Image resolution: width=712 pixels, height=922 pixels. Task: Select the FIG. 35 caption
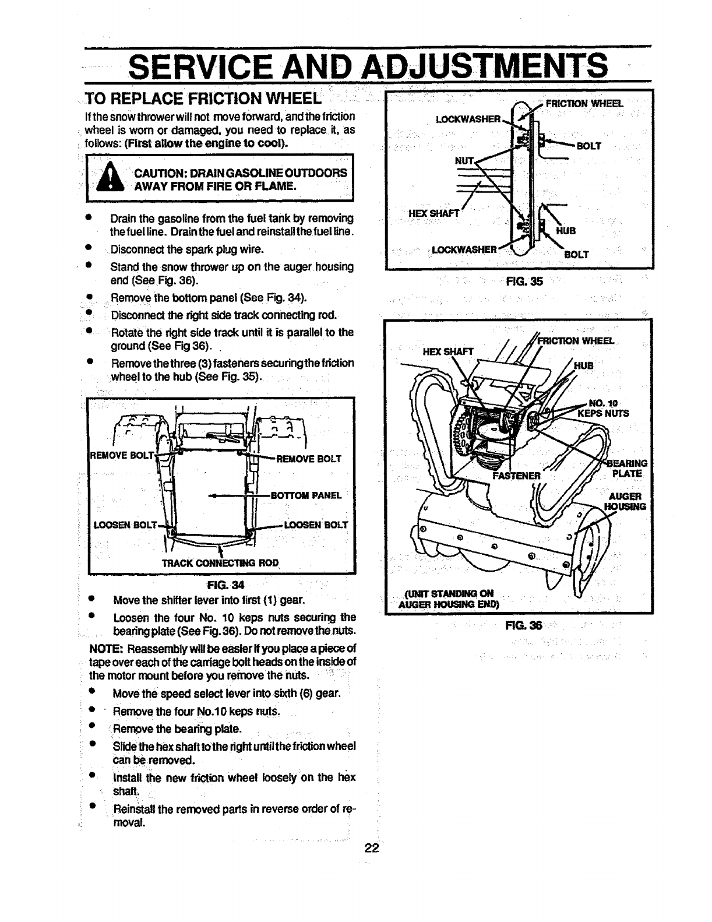(x=524, y=281)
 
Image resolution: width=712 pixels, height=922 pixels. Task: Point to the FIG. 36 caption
(x=524, y=625)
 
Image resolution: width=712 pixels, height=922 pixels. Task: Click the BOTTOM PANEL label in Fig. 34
(x=306, y=496)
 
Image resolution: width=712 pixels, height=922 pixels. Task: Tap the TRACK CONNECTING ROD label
(x=220, y=562)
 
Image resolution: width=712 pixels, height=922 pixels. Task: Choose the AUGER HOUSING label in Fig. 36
(x=626, y=501)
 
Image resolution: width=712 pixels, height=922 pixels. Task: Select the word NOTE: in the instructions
(x=107, y=649)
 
